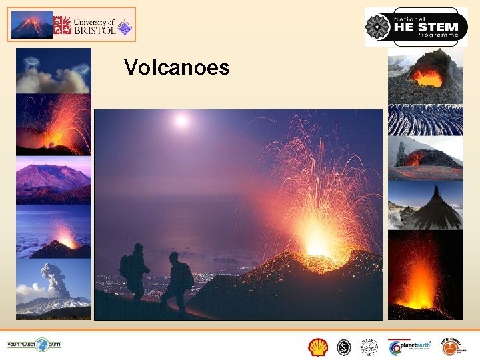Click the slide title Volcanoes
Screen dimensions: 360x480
(x=177, y=67)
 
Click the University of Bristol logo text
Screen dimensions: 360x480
(x=85, y=25)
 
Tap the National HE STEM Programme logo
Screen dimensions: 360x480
(x=416, y=27)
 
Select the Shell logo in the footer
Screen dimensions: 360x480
(x=319, y=347)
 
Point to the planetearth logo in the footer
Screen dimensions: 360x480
(x=410, y=347)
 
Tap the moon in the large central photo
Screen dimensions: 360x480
(x=181, y=121)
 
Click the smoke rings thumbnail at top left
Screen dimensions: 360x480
(x=53, y=71)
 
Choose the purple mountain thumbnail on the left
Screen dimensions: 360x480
(x=53, y=181)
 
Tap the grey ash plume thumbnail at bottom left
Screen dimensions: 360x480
(x=53, y=287)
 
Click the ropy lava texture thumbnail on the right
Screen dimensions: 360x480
(x=425, y=120)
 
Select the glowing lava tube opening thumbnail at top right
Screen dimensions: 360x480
(x=425, y=75)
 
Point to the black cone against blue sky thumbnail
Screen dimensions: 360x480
(x=425, y=205)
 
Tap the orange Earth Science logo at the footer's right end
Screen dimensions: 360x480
(x=455, y=347)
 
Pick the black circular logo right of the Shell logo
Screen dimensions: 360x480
(x=344, y=347)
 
